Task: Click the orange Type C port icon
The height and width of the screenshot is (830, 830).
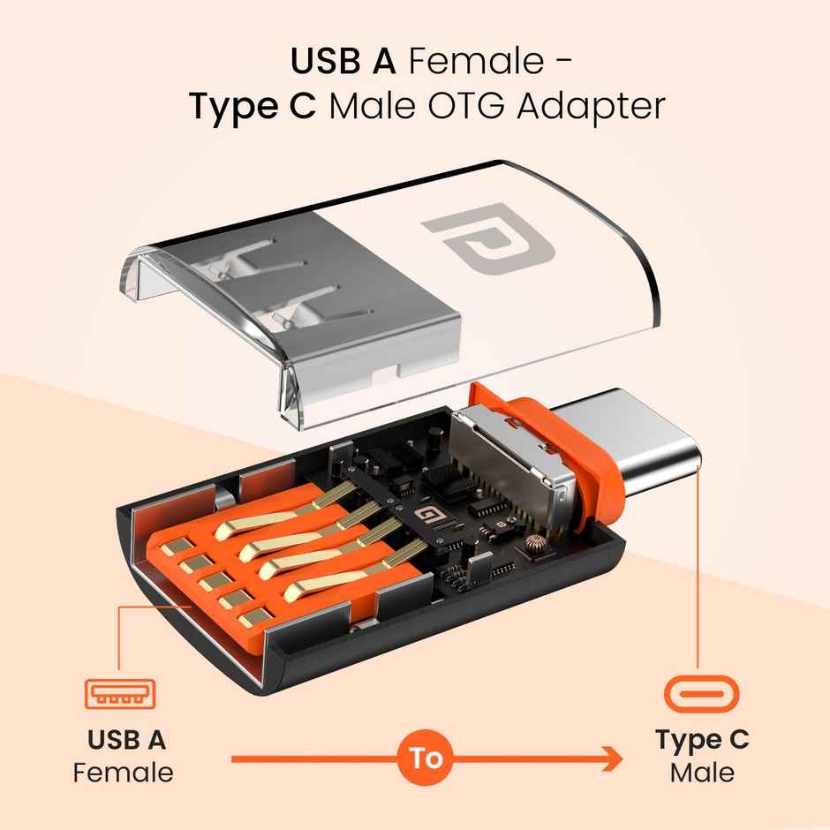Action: tap(701, 694)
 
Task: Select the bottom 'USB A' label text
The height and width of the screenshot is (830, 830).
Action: tap(127, 738)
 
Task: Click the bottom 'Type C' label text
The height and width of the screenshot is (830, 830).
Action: tap(701, 739)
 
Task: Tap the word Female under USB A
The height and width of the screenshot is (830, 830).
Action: tap(124, 773)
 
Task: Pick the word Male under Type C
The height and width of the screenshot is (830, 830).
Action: tap(701, 773)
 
